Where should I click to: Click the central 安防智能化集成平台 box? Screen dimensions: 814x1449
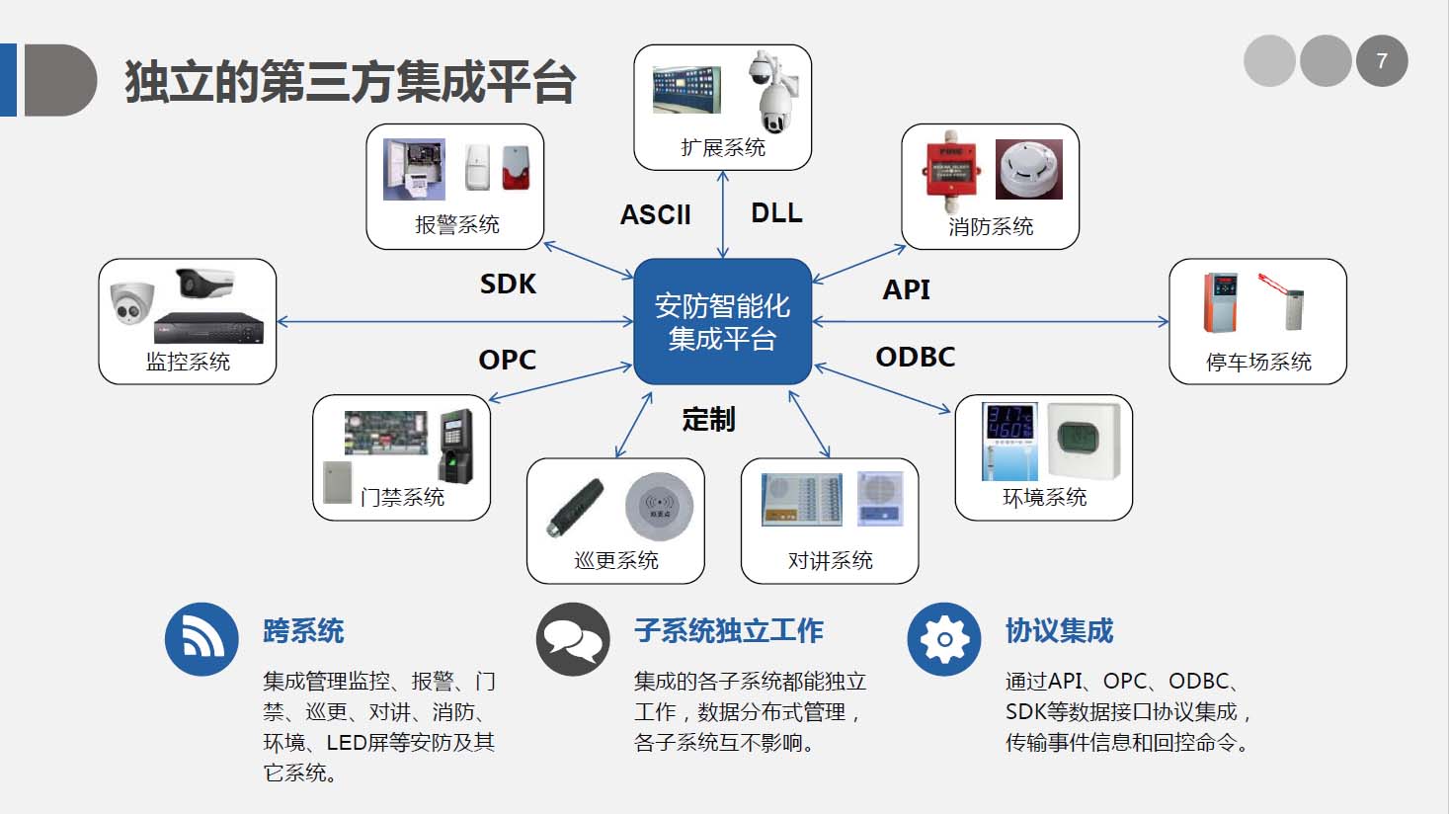[722, 321]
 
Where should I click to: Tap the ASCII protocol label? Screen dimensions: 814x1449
[655, 214]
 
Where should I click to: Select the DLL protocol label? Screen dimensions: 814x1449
[776, 212]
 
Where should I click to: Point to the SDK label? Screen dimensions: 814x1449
[508, 284]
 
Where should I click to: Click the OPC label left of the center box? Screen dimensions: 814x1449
[507, 360]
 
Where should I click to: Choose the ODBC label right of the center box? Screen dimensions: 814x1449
[915, 357]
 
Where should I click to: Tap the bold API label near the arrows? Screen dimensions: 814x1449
[906, 289]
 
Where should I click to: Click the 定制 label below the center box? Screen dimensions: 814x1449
[708, 420]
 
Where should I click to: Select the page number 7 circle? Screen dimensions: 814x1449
[1381, 61]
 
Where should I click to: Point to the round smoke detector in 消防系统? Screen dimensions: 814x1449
[1028, 169]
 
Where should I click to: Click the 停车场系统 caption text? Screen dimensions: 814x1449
[1257, 362]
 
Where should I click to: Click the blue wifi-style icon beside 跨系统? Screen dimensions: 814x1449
[201, 639]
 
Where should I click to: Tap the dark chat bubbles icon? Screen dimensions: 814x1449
[573, 639]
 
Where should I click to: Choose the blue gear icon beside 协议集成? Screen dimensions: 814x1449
[944, 639]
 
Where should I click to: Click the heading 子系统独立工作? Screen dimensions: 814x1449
[728, 630]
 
